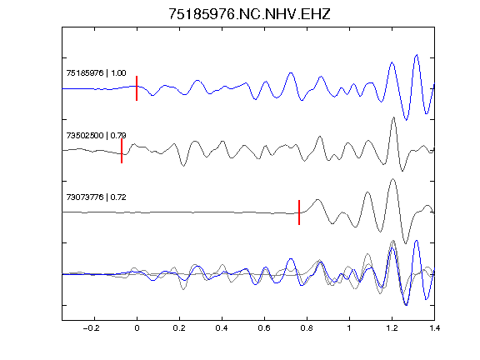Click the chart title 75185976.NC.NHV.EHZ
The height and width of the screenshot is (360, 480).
[x=249, y=14]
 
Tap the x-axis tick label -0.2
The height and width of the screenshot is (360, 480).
[x=92, y=328]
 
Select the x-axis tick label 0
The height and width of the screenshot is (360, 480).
[x=137, y=328]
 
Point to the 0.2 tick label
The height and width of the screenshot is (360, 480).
[x=179, y=328]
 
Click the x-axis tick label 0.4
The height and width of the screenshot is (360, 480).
[x=222, y=328]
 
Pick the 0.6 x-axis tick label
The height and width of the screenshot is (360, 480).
[x=264, y=328]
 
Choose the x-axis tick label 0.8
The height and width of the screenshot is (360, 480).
[x=307, y=328]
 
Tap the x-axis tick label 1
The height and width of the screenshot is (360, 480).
[x=349, y=328]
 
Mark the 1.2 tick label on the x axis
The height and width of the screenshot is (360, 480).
[x=392, y=328]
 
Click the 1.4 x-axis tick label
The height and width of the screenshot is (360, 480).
[x=434, y=328]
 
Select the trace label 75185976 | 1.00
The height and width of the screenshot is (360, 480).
[x=96, y=73]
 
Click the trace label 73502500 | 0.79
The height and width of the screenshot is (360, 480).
[x=96, y=135]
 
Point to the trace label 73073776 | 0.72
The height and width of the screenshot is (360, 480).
[x=96, y=197]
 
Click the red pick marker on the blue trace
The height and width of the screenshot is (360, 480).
[x=137, y=88]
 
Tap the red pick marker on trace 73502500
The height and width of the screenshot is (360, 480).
[x=122, y=151]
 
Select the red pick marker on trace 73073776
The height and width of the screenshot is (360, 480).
[x=299, y=212]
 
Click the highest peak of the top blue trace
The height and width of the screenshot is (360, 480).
[x=417, y=55]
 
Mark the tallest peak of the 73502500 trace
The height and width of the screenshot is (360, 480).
[x=393, y=117]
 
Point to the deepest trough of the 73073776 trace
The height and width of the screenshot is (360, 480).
[x=406, y=243]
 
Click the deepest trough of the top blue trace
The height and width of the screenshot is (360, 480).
[x=406, y=120]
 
